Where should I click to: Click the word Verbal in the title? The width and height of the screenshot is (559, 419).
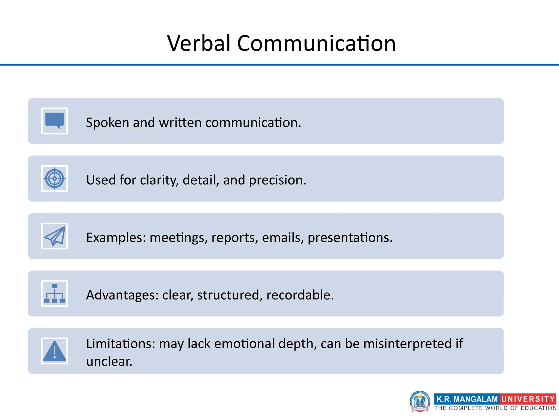[x=199, y=43]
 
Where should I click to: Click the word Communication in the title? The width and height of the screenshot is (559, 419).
[x=316, y=43]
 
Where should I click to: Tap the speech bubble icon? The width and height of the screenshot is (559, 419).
[x=55, y=121]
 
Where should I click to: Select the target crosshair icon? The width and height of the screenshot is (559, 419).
[x=55, y=178]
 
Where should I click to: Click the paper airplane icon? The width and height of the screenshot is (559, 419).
[x=55, y=236]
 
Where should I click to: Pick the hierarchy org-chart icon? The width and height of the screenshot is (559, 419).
[x=55, y=294]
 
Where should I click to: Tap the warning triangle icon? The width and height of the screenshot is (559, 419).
[x=55, y=351]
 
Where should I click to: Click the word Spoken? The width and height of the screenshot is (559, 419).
[x=107, y=122]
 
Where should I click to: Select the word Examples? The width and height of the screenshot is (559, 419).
[x=116, y=237]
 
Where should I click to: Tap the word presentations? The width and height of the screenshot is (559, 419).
[x=350, y=237]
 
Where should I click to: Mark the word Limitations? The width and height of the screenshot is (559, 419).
[x=120, y=343]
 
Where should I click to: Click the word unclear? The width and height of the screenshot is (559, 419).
[x=109, y=361]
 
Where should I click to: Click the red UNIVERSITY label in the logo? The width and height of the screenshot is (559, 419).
[x=528, y=399]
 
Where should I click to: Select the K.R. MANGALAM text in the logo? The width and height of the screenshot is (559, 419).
[x=467, y=399]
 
